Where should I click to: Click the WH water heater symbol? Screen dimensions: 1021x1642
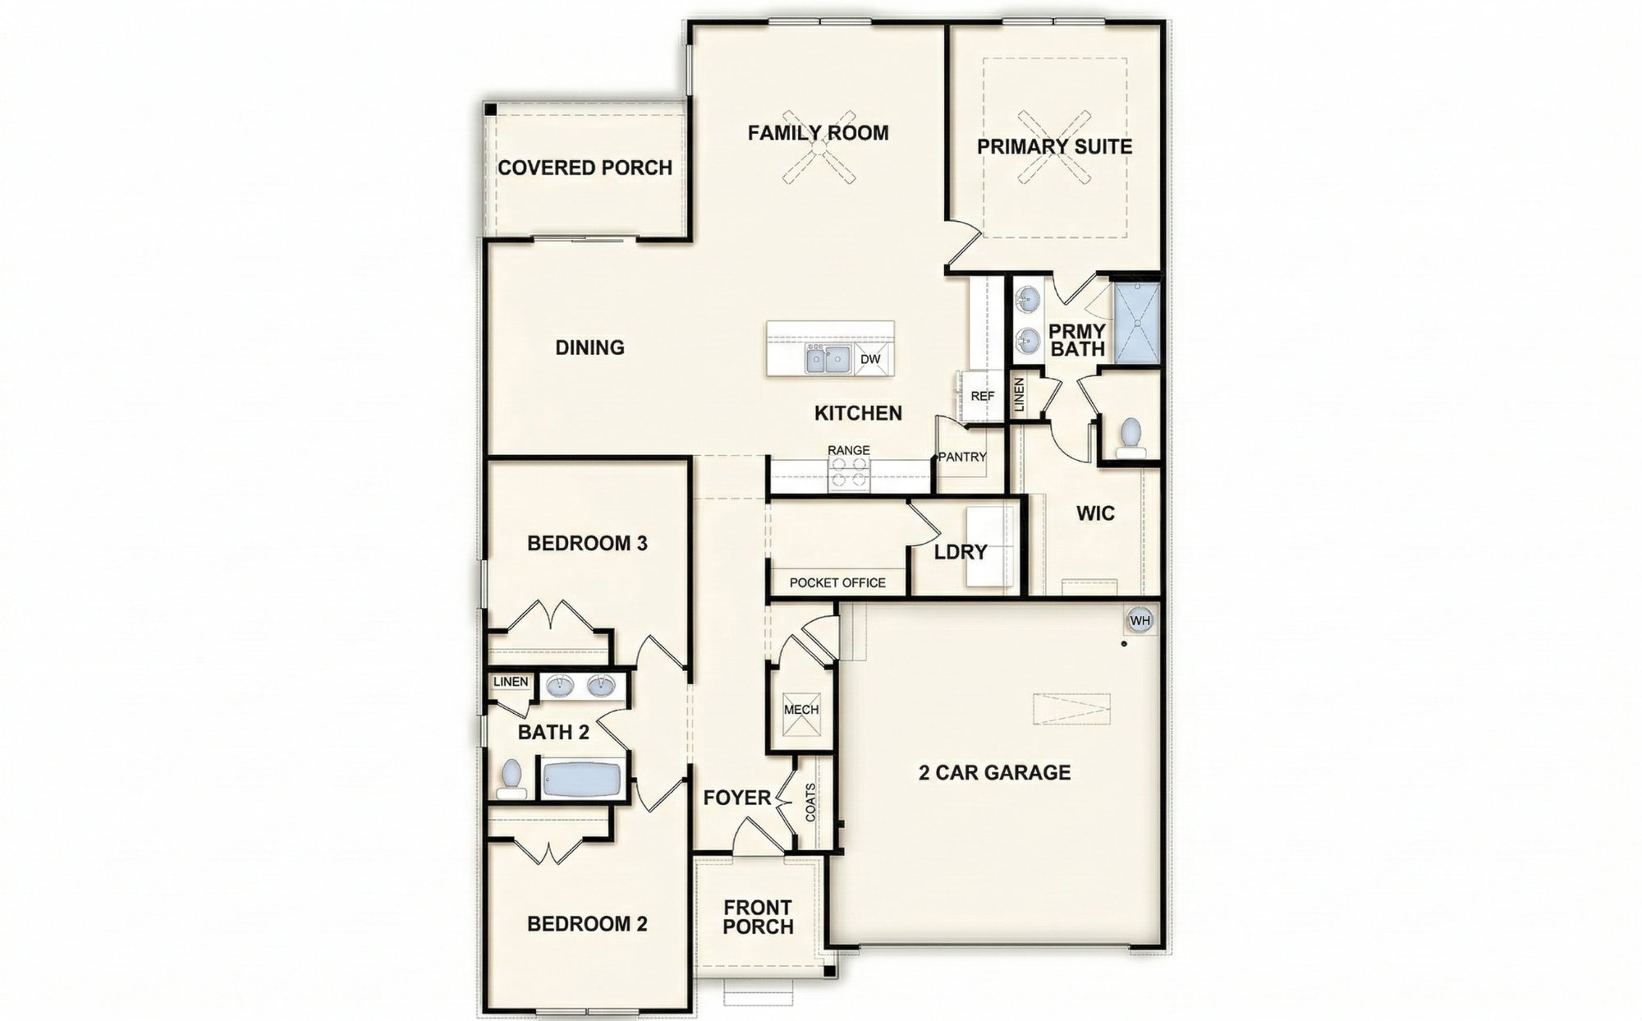point(1140,620)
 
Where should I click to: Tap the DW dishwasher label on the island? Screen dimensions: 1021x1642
point(870,359)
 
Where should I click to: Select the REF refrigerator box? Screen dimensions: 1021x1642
point(982,396)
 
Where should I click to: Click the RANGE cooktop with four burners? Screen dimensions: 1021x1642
point(849,473)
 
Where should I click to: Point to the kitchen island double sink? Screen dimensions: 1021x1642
point(828,359)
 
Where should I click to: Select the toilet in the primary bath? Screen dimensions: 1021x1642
point(1131,435)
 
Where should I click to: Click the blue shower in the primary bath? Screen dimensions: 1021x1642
point(1136,323)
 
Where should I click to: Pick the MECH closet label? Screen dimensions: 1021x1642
point(800,710)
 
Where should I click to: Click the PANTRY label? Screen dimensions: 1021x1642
point(961,457)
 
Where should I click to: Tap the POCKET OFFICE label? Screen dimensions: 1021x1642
point(837,582)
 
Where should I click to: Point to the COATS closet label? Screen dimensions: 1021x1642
point(811,803)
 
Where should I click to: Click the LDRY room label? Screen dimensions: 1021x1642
point(961,552)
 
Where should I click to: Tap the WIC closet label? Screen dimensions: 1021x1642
point(1095,513)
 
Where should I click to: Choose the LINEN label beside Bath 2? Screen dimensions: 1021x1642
point(511,682)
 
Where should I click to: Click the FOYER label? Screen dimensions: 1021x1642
point(737,798)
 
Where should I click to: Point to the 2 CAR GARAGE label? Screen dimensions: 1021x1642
point(994,772)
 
